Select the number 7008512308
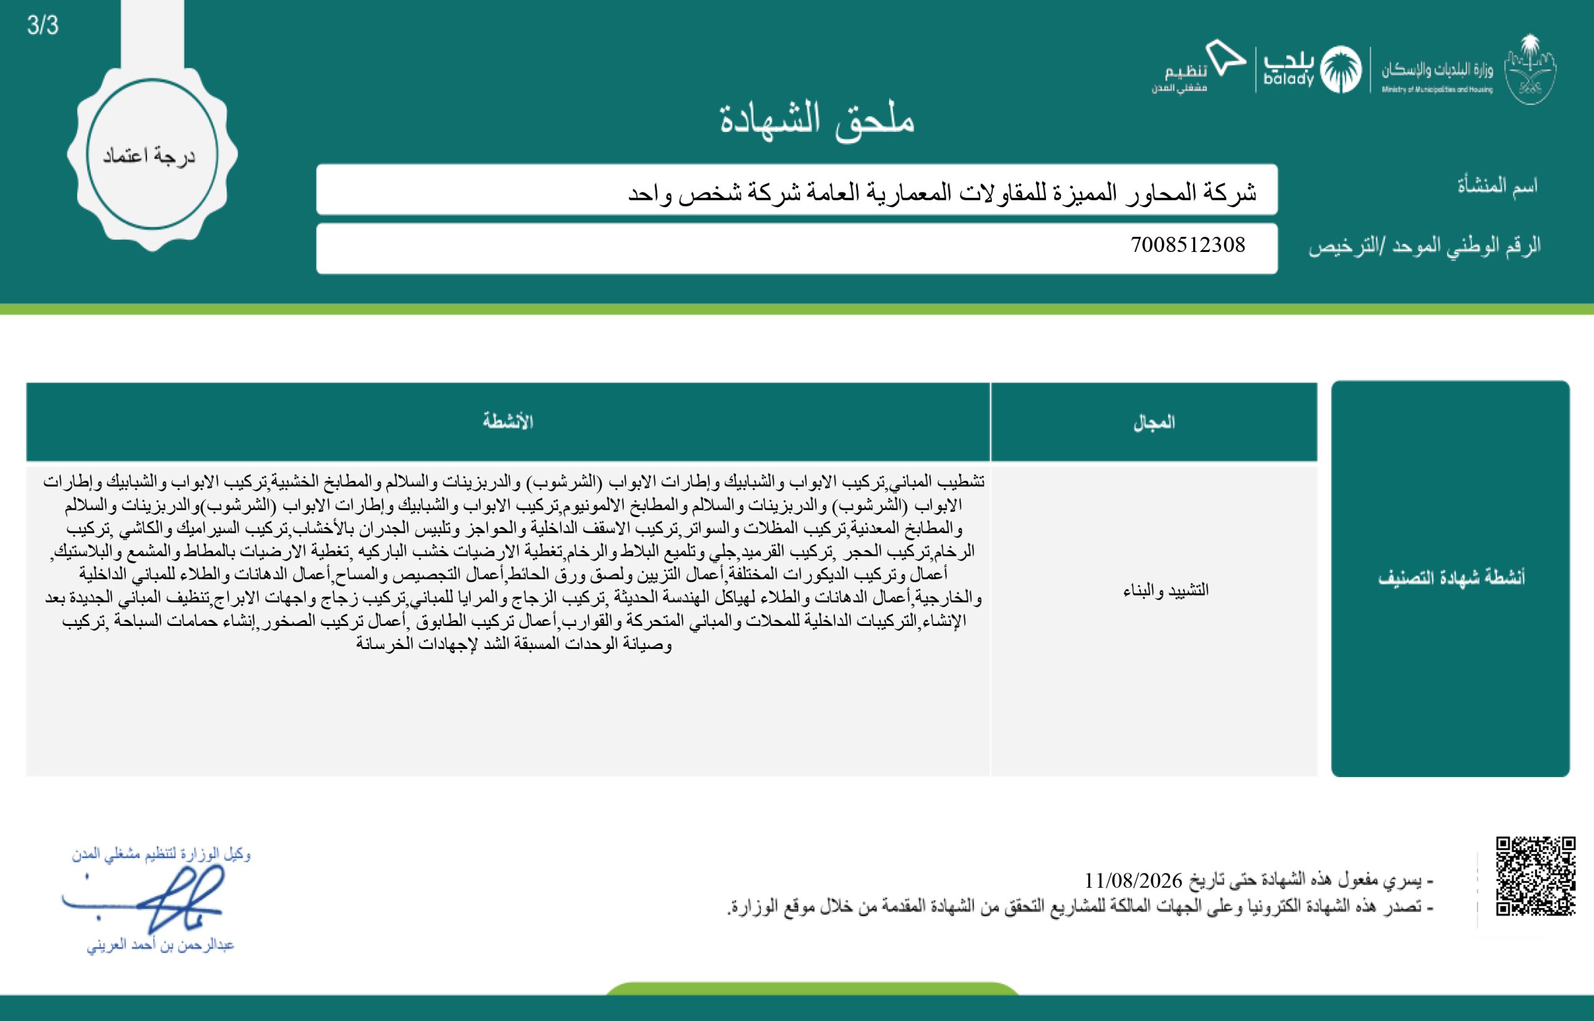[1187, 245]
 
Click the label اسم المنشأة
[1496, 185]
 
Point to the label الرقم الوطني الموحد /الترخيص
[1423, 246]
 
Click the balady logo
[1288, 69]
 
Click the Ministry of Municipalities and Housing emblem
[1530, 70]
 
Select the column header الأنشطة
[507, 422]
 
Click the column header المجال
[1154, 422]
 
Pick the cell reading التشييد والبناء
[1166, 590]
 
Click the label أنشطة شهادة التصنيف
[1451, 577]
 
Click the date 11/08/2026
[1133, 880]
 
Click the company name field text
[942, 193]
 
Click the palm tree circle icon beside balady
[1341, 70]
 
